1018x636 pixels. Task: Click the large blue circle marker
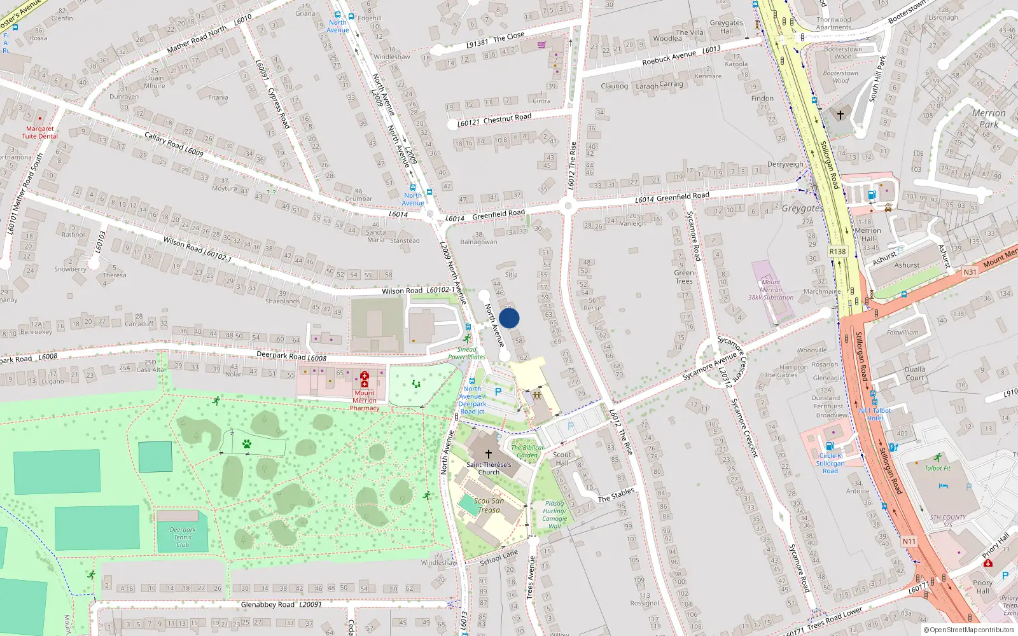pos(509,318)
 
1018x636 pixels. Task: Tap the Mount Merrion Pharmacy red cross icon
pos(365,380)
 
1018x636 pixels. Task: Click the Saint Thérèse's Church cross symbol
pos(489,454)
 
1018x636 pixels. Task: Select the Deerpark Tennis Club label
pos(183,537)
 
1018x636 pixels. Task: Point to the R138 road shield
pos(837,251)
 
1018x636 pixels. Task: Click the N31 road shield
pos(970,272)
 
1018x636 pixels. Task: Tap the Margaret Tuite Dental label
pos(40,132)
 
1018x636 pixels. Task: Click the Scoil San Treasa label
pos(489,505)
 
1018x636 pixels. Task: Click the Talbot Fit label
pos(937,468)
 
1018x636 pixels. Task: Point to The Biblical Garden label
pos(527,451)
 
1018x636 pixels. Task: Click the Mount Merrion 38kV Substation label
pos(770,289)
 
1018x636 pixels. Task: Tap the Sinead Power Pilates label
pos(466,353)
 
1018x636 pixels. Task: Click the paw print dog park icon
pos(247,443)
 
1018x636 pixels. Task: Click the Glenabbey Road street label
pos(268,604)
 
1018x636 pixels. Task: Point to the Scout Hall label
pos(562,459)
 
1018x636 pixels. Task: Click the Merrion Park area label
pos(989,118)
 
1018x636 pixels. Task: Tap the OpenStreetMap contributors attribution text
pos(968,630)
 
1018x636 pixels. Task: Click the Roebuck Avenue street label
pos(669,58)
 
